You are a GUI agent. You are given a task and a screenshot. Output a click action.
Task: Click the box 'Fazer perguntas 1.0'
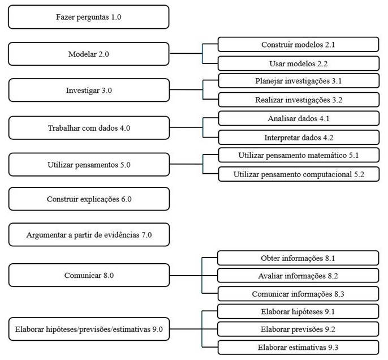(89, 17)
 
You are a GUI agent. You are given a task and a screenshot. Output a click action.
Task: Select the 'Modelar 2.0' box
(89, 54)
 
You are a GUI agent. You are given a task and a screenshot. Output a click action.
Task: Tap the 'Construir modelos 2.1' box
(298, 44)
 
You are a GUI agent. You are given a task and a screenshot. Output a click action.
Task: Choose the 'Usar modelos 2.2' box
(298, 63)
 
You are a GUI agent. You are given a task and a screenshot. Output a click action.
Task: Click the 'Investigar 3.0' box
(89, 91)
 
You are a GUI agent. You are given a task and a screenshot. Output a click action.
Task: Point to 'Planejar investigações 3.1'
(298, 81)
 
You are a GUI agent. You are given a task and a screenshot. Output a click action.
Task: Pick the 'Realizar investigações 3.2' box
(298, 100)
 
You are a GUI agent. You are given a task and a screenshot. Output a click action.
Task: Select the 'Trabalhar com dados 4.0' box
(89, 128)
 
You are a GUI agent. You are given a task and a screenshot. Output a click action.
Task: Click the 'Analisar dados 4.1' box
(298, 118)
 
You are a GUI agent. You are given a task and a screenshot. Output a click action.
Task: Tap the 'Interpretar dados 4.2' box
(298, 138)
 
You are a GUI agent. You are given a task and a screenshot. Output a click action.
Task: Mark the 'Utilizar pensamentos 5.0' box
(89, 165)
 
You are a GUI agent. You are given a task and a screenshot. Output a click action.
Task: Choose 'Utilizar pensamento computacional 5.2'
(298, 174)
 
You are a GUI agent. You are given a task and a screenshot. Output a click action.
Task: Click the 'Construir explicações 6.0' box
(89, 199)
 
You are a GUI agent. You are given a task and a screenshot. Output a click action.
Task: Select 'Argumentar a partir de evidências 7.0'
(89, 234)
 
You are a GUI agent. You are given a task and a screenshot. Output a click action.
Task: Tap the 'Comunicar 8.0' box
(89, 275)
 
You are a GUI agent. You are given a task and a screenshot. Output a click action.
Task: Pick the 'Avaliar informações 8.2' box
(298, 276)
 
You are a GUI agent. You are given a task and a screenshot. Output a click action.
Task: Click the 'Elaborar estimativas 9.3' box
(298, 347)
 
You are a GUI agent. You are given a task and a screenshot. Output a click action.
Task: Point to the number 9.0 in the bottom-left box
(157, 329)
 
